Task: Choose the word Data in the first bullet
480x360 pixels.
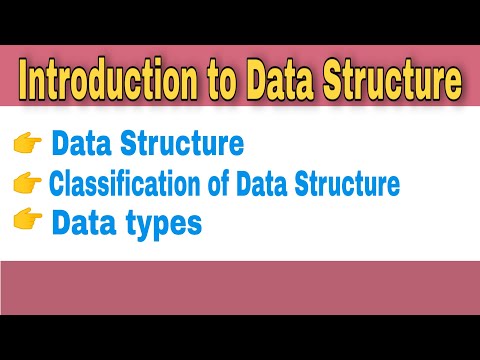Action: tap(85, 145)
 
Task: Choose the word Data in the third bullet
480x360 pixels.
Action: tap(85, 223)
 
